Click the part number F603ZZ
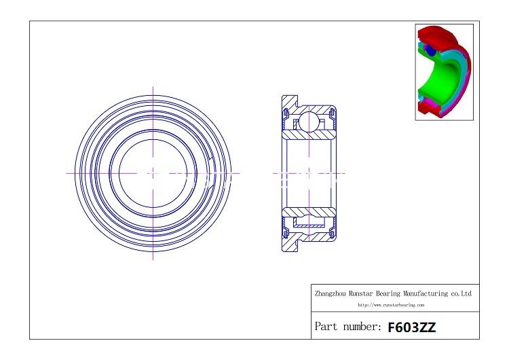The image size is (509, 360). [411, 327]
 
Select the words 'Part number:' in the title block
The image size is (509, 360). [348, 327]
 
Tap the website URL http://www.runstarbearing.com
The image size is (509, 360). [396, 306]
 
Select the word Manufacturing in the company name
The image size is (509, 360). [426, 293]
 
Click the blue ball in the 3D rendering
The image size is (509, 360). [429, 51]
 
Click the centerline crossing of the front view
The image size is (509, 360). [153, 173]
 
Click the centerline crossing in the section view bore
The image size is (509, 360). [309, 173]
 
